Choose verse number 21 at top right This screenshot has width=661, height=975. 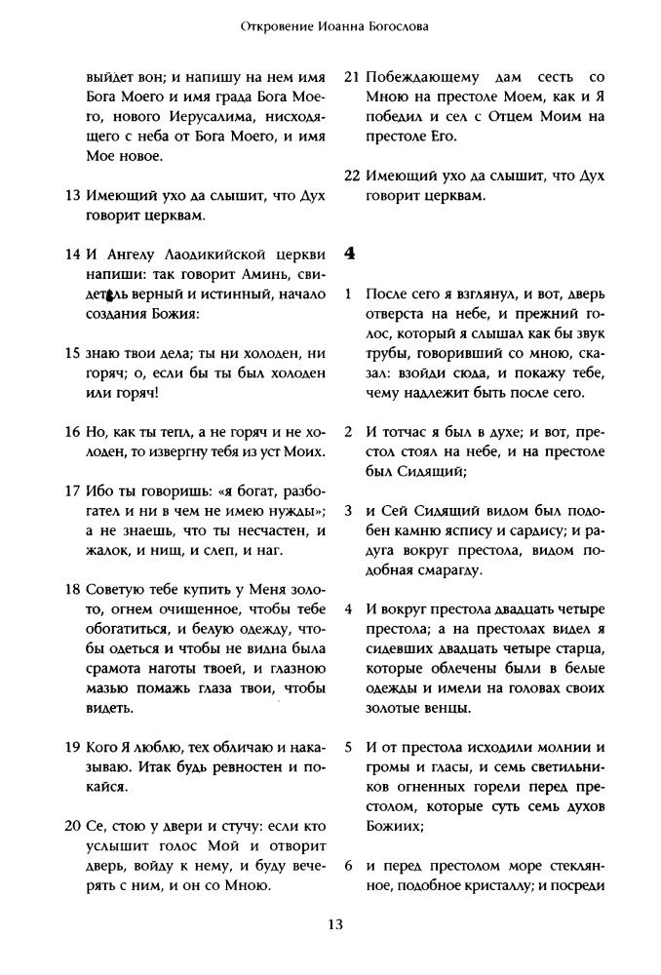pos(352,76)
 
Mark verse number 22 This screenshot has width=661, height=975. pos(352,175)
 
